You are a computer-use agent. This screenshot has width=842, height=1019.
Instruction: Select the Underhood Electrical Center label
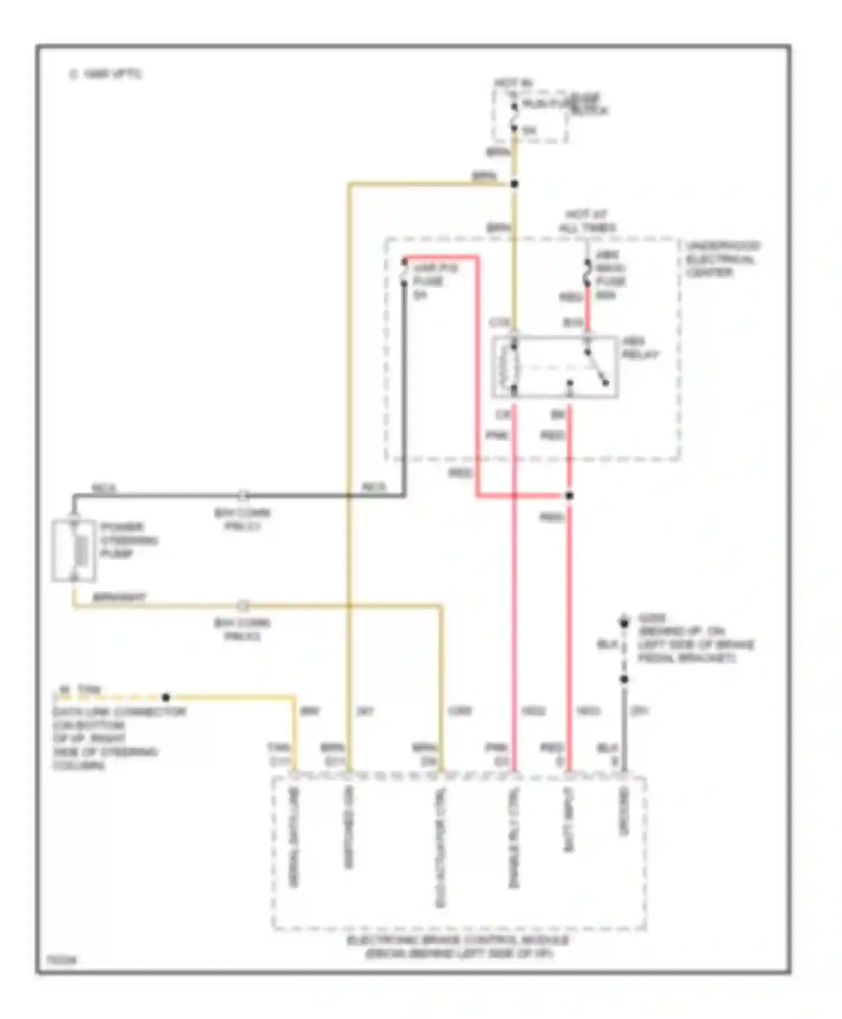coord(722,259)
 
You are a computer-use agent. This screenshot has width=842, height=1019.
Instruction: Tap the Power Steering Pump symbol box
coord(74,550)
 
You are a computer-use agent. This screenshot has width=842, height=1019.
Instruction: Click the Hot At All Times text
coord(587,221)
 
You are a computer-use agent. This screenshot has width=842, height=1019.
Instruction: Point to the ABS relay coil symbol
coord(513,367)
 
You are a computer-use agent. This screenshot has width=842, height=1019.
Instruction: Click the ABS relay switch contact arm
coord(597,368)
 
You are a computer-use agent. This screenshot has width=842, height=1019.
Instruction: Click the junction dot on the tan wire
coord(166,697)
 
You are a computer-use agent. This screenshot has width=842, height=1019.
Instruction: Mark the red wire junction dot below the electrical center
coord(569,495)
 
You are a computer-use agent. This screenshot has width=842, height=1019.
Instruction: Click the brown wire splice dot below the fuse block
coord(514,184)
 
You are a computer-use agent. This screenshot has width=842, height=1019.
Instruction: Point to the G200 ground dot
coord(624,622)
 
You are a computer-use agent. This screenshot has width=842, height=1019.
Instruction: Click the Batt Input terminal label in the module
coord(569,820)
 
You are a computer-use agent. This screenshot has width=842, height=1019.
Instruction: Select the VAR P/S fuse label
coord(434,281)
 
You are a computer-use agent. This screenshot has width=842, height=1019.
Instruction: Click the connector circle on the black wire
coord(242,495)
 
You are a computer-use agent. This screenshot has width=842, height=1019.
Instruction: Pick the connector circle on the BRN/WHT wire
coord(242,606)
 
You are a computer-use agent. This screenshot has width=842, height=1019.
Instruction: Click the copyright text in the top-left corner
coord(105,74)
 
